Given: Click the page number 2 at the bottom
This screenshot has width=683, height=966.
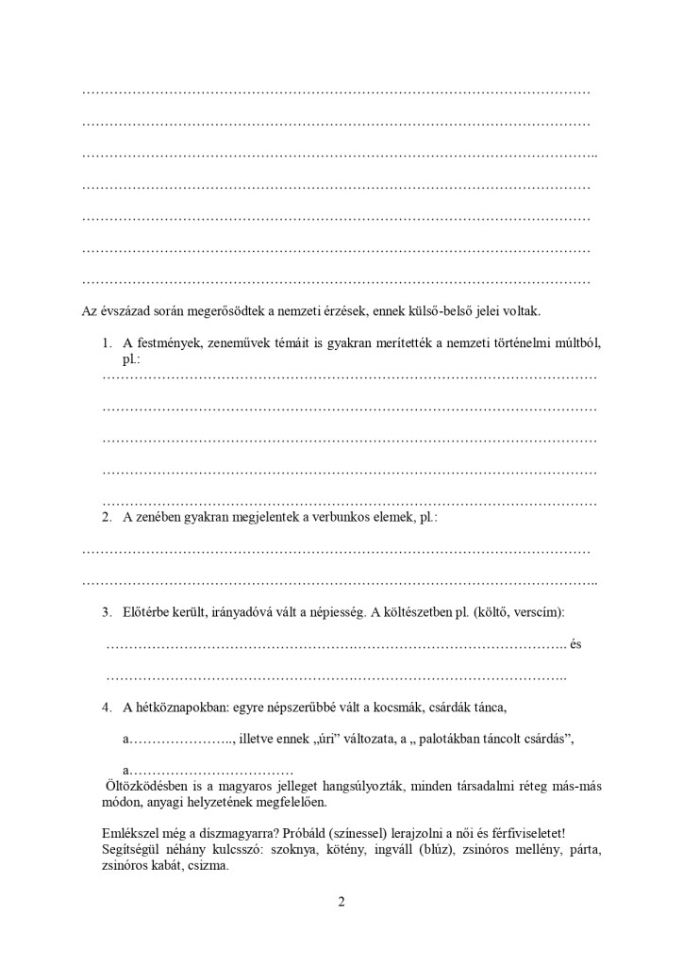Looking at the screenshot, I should point(341,901).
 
